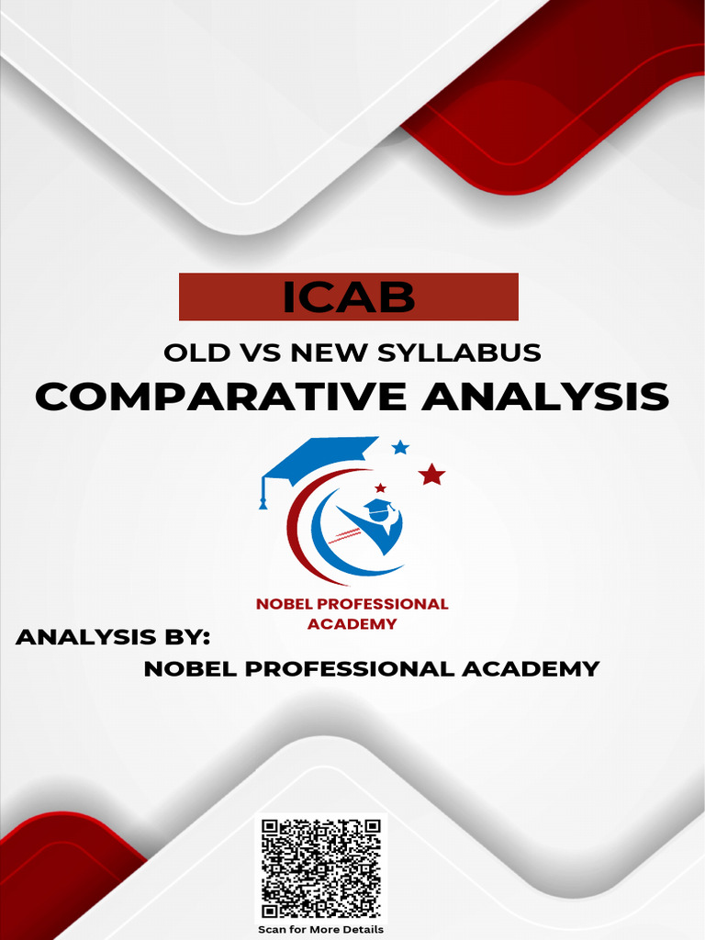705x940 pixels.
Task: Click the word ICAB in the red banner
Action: pos(348,297)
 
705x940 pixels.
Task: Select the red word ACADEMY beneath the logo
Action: pos(352,624)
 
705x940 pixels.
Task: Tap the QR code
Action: pos(320,868)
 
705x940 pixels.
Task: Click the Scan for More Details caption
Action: pos(320,929)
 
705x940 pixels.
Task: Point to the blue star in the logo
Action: pos(400,447)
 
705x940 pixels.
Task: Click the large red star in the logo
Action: pos(431,475)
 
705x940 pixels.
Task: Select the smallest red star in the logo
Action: pos(380,487)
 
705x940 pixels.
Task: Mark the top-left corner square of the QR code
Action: pos(270,827)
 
